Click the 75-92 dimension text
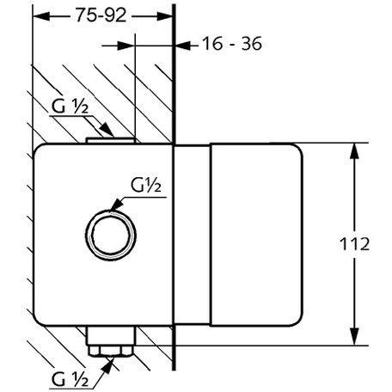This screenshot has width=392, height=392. coord(101,15)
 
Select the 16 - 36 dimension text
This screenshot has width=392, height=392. coord(232,44)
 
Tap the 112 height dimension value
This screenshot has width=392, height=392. coord(354,244)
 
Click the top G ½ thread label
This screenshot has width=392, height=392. coord(70,107)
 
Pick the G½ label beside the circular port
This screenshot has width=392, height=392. coord(146,185)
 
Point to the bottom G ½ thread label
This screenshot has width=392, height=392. coord(70,379)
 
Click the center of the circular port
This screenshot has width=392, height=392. coord(111,235)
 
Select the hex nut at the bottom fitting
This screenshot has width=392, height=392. coord(111,351)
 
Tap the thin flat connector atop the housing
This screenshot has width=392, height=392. coord(111,140)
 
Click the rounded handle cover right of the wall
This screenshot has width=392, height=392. coord(256,235)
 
